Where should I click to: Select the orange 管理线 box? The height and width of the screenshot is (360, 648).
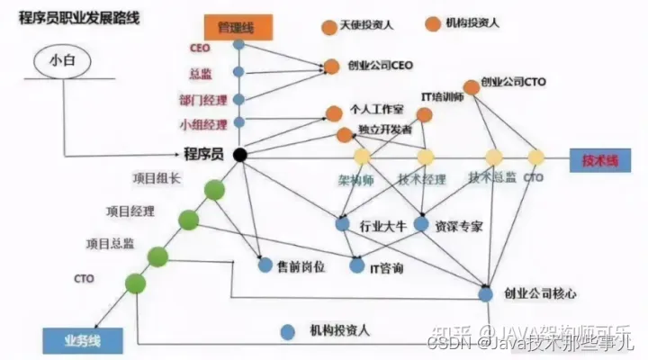238,27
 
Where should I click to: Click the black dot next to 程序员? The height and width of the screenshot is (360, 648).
239,155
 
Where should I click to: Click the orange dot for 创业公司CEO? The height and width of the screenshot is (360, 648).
331,66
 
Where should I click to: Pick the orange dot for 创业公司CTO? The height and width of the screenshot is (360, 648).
472,87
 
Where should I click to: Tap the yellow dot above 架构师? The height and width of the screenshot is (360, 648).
361,156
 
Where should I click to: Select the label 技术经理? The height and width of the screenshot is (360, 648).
422,179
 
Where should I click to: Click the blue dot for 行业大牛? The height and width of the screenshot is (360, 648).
342,222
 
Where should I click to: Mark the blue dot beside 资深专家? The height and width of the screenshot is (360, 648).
420,222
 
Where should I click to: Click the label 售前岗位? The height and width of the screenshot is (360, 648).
301,266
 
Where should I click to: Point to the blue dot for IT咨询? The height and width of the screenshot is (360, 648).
355,266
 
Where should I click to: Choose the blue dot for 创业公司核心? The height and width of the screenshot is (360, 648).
486,293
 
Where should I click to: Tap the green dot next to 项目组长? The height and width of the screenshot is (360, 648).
214,190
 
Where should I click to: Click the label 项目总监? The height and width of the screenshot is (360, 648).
110,244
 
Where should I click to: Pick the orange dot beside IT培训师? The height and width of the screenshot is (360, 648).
425,114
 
